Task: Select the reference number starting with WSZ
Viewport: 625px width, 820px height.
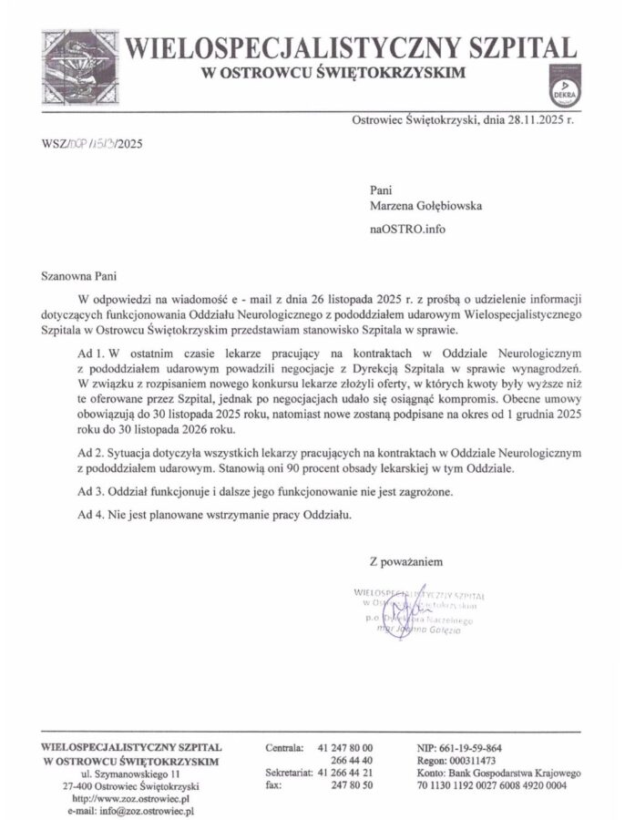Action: (x=92, y=143)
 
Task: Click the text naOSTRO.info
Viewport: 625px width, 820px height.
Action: (x=408, y=229)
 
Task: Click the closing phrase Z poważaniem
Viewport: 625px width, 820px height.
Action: (x=405, y=560)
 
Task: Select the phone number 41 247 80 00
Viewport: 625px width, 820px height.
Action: (x=345, y=748)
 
